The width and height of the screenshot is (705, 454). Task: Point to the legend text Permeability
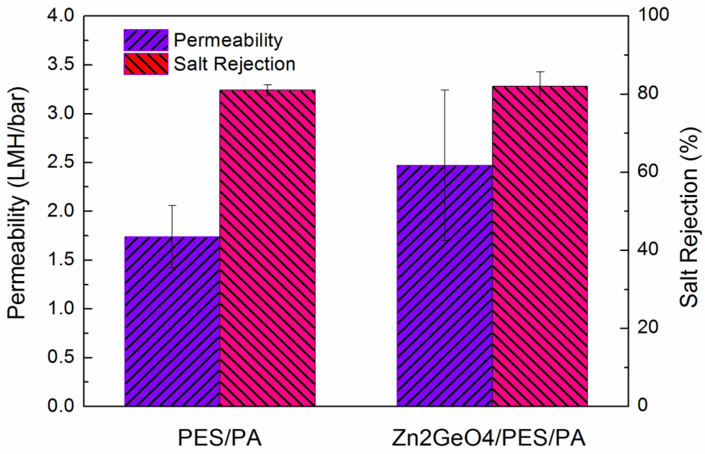[228, 40]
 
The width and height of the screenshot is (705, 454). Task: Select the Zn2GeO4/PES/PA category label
[488, 438]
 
